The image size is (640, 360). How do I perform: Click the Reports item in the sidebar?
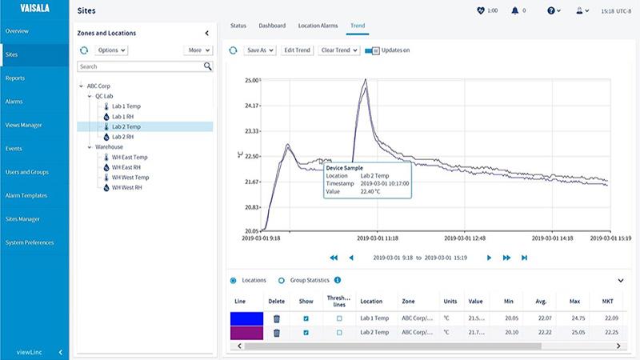click(x=14, y=78)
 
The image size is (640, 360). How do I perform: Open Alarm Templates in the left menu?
click(x=26, y=195)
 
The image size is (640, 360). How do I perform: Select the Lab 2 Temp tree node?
click(x=126, y=126)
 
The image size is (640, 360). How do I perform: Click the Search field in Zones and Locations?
click(x=140, y=66)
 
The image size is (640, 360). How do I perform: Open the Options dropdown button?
click(x=111, y=50)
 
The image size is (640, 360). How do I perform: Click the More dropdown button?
click(x=198, y=50)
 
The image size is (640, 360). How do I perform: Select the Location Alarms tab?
click(x=318, y=26)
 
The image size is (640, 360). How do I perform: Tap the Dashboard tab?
click(x=272, y=26)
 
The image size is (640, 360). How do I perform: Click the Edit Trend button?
click(x=297, y=50)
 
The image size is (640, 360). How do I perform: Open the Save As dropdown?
click(x=259, y=50)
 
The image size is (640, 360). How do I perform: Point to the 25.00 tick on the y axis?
click(x=252, y=80)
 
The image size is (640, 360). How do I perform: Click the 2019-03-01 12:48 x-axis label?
click(x=466, y=238)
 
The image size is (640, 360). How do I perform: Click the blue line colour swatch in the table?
click(x=246, y=318)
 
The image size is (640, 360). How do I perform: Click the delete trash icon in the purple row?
click(x=277, y=332)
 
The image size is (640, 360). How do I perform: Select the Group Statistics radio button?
click(x=282, y=280)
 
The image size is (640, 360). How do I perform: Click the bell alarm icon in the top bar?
click(x=514, y=10)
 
